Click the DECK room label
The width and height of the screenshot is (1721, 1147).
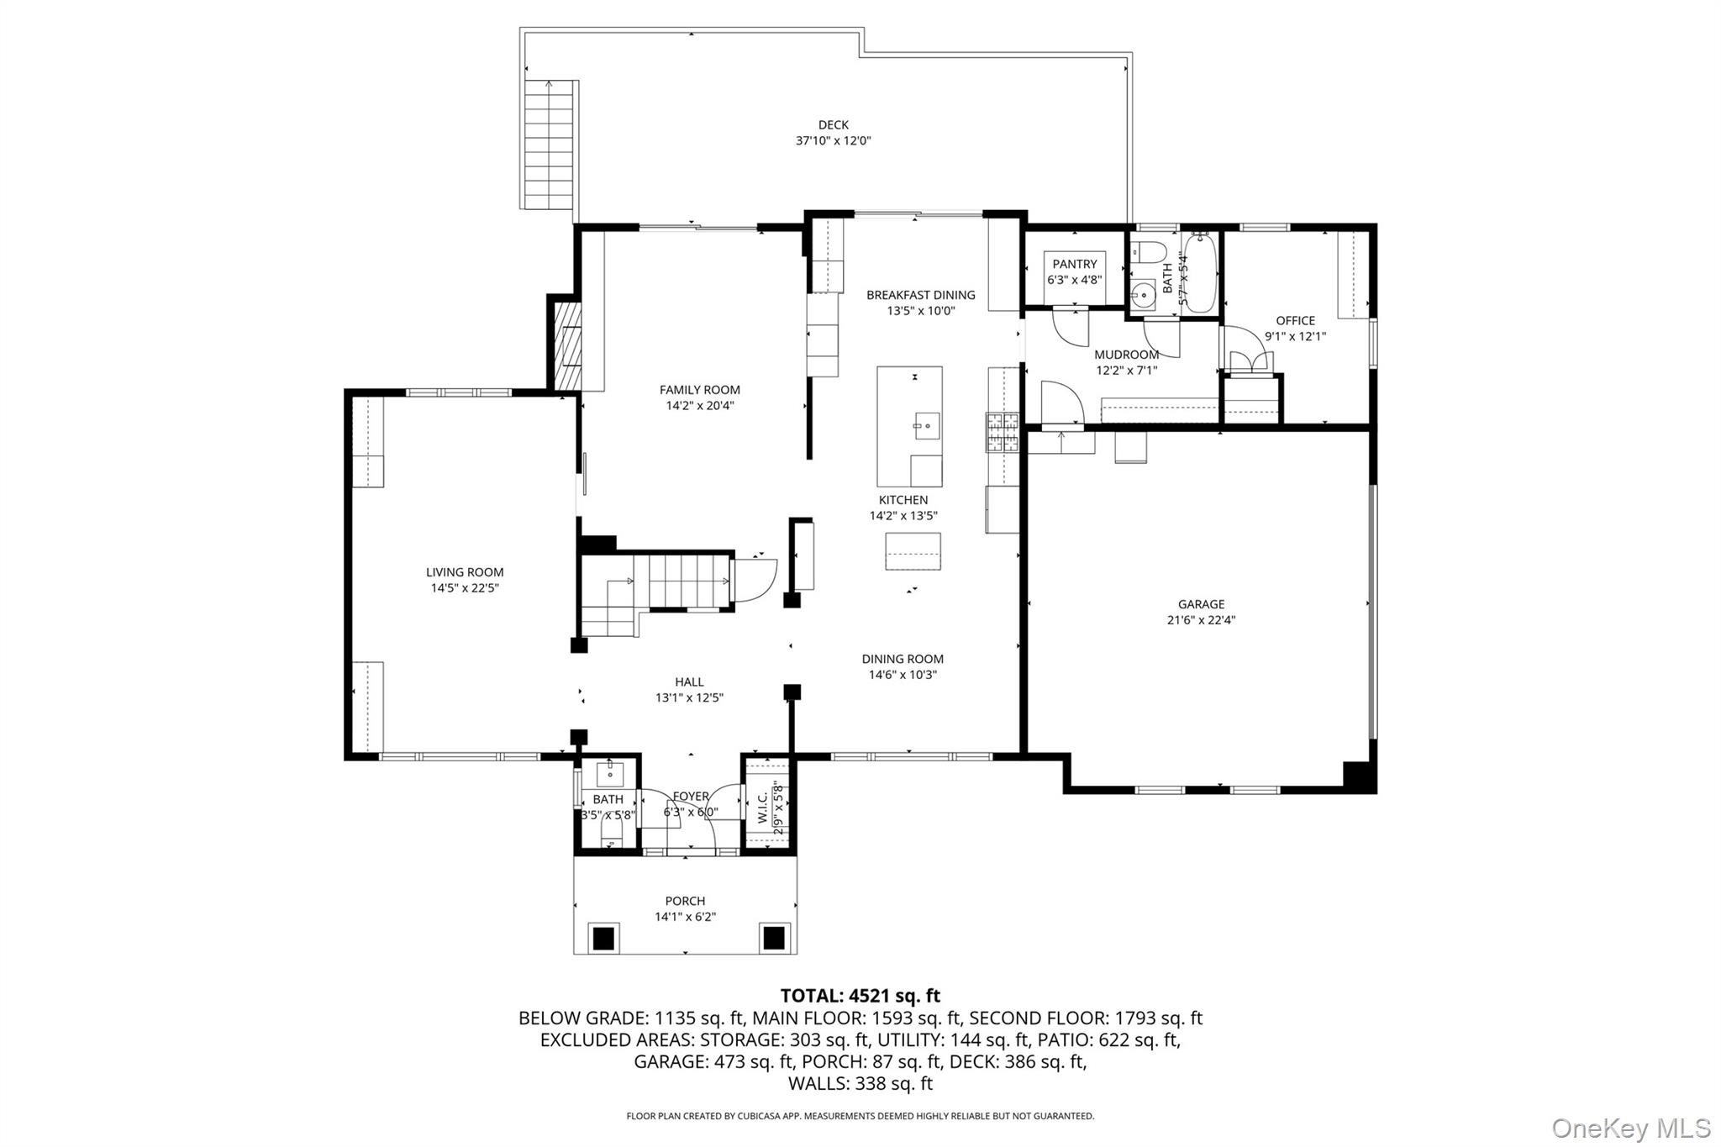[x=834, y=125]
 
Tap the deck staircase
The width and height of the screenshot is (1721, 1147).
[x=550, y=145]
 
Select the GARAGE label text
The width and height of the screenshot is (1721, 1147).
[x=1201, y=604]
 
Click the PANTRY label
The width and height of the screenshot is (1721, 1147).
[x=1075, y=264]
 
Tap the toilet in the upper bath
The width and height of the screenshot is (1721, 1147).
[x=1149, y=251]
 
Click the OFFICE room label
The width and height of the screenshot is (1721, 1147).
[x=1295, y=320]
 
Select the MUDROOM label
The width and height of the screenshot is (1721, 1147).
[x=1127, y=355]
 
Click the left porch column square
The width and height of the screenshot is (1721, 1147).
[x=603, y=937]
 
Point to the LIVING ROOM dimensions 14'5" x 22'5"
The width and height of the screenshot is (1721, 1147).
[x=465, y=588]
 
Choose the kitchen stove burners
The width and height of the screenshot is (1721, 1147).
[x=1003, y=433]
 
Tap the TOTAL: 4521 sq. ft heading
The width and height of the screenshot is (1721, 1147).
[x=860, y=996]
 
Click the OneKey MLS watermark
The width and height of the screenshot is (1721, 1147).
[x=1631, y=1127]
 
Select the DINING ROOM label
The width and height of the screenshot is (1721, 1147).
[x=903, y=659]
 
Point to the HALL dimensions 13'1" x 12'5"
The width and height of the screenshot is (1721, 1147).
[x=689, y=697]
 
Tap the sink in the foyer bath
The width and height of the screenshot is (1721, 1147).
[x=609, y=774]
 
